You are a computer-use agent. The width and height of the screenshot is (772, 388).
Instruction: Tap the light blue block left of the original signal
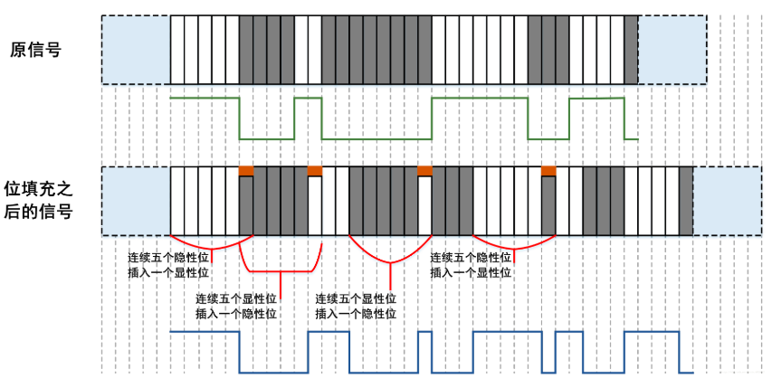coord(136,49)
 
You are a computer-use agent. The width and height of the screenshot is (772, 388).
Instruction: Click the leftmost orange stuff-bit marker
coord(245,170)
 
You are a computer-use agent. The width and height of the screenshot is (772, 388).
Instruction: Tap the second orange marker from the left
coord(314,170)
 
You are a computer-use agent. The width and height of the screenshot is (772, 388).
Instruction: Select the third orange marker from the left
coord(424,170)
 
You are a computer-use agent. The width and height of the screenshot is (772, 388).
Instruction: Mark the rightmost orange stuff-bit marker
coord(548,170)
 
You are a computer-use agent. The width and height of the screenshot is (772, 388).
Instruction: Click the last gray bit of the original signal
coord(631,49)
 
